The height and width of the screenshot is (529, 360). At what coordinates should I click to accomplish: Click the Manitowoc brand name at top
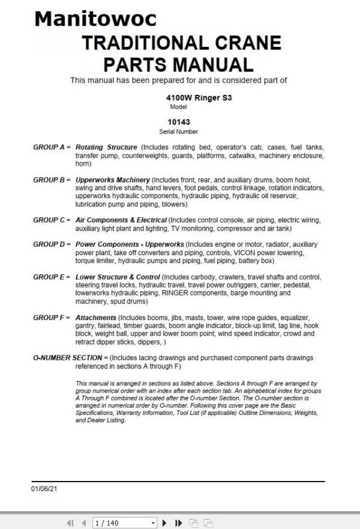(x=95, y=19)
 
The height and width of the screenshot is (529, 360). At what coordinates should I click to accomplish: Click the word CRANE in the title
(x=245, y=43)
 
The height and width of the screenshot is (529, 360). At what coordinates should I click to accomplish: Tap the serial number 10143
(x=179, y=121)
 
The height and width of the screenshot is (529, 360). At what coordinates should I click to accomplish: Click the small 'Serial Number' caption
(x=178, y=131)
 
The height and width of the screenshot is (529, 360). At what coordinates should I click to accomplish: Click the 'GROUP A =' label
(x=52, y=147)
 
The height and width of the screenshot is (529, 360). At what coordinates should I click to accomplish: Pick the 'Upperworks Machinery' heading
(x=112, y=180)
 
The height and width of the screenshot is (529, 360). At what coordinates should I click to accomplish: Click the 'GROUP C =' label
(x=52, y=220)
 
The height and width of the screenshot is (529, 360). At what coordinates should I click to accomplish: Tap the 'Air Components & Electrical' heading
(x=121, y=220)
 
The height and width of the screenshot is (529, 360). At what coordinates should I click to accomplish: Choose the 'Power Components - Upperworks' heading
(x=130, y=245)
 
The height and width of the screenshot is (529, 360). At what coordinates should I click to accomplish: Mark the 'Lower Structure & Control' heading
(x=118, y=277)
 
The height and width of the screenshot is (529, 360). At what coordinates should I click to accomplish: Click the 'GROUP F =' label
(x=52, y=318)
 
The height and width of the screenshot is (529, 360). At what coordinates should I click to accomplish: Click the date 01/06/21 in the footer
(x=44, y=489)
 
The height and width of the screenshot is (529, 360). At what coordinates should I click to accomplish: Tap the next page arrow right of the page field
(x=164, y=523)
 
